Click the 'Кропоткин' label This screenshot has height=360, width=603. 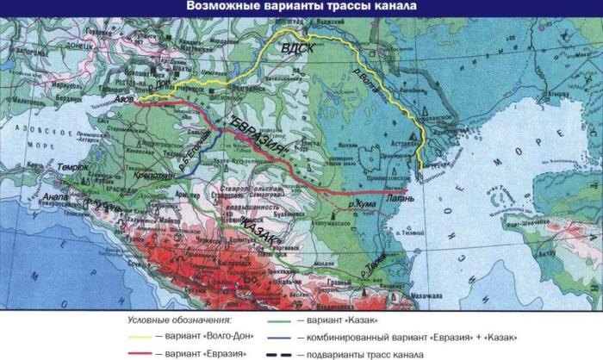153,174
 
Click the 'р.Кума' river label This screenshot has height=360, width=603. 363,204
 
